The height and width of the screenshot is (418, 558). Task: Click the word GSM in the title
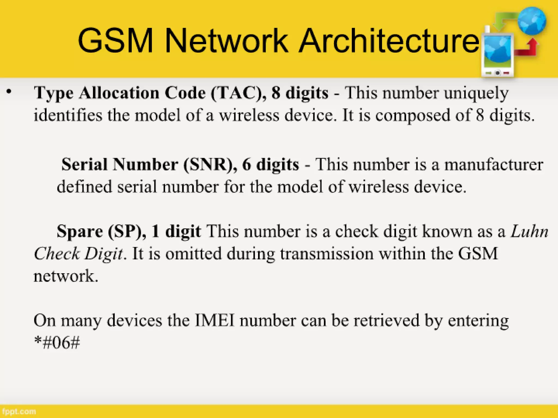click(x=115, y=41)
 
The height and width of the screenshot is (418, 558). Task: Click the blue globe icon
click(x=532, y=21)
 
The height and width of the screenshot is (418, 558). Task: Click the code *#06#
click(x=57, y=343)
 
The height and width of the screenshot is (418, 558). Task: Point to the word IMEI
click(x=215, y=320)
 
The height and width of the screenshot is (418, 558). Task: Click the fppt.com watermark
click(x=18, y=411)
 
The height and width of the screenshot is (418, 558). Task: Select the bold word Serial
click(x=84, y=165)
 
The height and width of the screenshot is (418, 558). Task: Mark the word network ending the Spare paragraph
click(x=65, y=276)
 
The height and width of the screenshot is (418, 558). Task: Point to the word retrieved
click(x=387, y=320)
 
